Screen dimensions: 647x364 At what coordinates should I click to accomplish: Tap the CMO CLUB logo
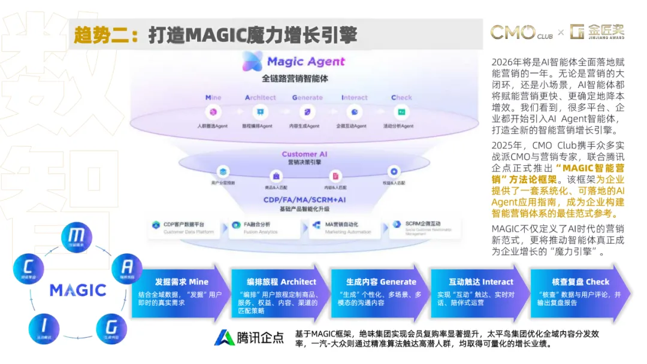pos(521,32)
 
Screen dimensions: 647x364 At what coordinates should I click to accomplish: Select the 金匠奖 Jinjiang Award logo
pos(600,32)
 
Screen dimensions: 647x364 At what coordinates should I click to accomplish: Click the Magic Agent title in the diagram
pos(294,61)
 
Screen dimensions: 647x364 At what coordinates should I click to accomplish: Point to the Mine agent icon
pos(213,111)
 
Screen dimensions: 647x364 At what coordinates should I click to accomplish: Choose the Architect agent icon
pos(261,111)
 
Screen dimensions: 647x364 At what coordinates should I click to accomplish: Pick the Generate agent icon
pos(307,111)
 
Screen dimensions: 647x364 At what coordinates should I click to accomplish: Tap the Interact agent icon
pos(355,111)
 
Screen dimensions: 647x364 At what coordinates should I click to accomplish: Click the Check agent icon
pos(401,111)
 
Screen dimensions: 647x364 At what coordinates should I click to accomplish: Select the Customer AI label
pos(308,154)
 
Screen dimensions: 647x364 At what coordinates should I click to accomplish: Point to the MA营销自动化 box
pos(344,227)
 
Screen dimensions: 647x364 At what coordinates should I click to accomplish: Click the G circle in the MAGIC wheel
pos(111,327)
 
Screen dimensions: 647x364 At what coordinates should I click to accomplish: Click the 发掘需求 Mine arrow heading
pos(182,281)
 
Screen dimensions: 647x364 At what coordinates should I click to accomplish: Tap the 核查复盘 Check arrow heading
pos(581,281)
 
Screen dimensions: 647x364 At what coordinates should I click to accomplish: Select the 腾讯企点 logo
pos(249,338)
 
